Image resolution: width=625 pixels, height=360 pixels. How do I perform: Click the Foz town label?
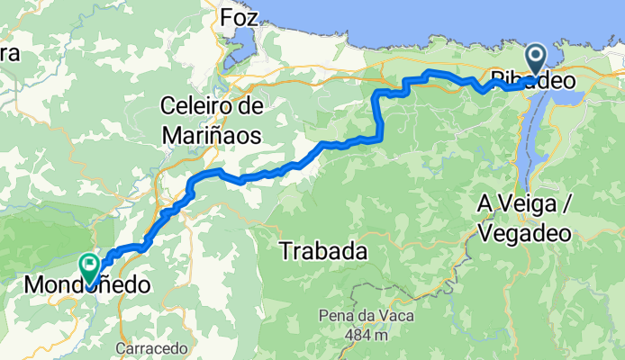point(239,17)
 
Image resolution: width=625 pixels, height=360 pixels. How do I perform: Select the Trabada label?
point(324,252)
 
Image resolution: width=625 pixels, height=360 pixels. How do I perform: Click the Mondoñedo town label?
point(86,285)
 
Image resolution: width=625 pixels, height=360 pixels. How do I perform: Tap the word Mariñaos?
point(213,136)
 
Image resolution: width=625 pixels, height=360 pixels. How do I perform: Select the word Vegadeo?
point(526,232)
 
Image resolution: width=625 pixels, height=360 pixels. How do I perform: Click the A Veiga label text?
point(524,206)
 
